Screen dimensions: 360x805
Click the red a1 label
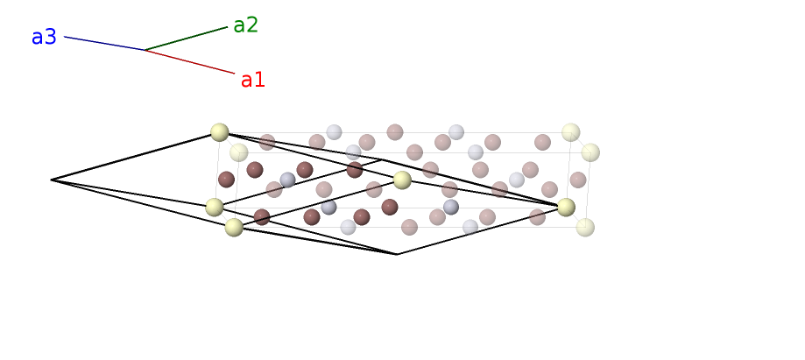253,81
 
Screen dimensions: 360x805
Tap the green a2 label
246,25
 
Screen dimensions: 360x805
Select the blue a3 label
44,38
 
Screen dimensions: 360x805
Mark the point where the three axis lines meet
145,50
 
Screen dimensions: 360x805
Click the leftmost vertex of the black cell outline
52,180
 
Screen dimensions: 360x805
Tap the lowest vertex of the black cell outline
397,254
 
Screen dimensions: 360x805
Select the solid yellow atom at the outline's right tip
566,207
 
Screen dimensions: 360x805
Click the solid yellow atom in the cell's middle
402,180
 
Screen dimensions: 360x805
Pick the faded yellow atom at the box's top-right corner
571,132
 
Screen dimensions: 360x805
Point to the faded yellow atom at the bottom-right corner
585,228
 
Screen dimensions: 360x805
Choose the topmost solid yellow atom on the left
220,132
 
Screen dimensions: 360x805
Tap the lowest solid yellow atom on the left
234,228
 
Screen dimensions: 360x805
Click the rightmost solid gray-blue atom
451,207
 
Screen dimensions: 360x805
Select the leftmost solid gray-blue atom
287,180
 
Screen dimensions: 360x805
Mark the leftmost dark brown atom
226,180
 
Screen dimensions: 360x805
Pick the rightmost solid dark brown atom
390,207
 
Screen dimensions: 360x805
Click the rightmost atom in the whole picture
590,152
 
